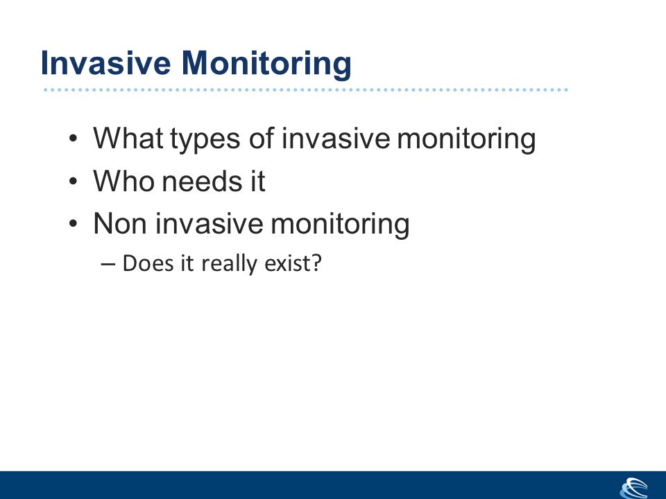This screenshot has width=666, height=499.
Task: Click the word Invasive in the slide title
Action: [105, 63]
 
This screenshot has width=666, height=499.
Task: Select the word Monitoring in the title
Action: [266, 64]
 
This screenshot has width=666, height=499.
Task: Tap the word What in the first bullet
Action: [128, 138]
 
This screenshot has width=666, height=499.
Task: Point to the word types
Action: [205, 141]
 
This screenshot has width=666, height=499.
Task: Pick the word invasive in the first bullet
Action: [336, 138]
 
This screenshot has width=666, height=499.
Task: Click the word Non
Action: [120, 223]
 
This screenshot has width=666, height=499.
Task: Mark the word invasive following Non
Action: [209, 223]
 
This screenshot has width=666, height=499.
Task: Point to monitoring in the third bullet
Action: [340, 225]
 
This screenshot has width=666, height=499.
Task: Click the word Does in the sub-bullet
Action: [148, 263]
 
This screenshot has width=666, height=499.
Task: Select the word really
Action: [229, 264]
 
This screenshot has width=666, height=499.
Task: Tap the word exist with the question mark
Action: [293, 263]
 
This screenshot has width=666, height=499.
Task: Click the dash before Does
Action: [108, 264]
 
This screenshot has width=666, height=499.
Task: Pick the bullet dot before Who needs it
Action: [73, 181]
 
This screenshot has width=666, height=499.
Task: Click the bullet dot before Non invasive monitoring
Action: [73, 224]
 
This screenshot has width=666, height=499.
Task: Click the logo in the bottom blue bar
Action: [634, 488]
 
